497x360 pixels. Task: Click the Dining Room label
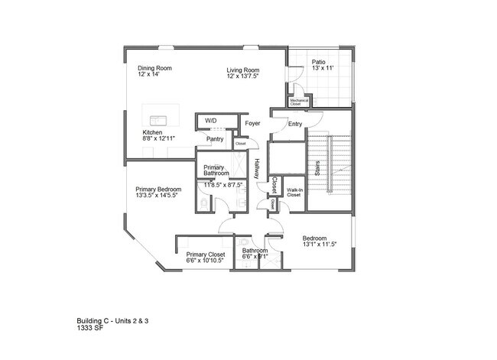tap(154, 68)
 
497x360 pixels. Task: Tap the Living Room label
tap(242, 70)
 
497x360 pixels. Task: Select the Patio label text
tap(320, 62)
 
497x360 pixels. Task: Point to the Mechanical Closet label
tap(300, 101)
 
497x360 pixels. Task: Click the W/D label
tap(210, 122)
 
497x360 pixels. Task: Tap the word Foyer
tap(252, 123)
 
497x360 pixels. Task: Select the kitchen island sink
tap(159, 120)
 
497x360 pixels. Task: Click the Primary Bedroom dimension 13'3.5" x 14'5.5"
tap(158, 196)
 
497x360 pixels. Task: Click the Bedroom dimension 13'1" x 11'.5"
tap(319, 245)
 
